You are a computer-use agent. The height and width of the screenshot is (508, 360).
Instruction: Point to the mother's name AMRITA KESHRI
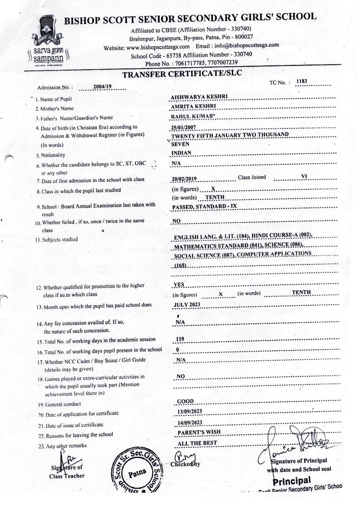click(193, 106)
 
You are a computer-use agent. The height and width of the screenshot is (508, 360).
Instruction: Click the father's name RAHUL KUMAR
click(192, 116)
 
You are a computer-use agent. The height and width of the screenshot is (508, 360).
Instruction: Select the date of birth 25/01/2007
click(183, 127)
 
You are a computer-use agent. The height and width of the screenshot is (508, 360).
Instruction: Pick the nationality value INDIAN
click(181, 153)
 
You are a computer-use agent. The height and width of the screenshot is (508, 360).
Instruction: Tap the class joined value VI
click(304, 176)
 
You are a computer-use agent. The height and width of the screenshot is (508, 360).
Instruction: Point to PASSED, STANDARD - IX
click(205, 207)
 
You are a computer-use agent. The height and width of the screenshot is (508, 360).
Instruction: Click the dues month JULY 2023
click(187, 305)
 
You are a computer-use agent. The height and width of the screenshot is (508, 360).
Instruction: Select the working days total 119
click(180, 339)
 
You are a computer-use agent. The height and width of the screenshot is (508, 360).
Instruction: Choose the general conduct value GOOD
click(185, 401)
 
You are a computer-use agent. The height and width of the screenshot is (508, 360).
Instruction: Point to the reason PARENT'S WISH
click(199, 432)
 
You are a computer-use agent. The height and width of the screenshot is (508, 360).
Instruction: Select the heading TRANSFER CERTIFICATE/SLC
click(182, 74)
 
